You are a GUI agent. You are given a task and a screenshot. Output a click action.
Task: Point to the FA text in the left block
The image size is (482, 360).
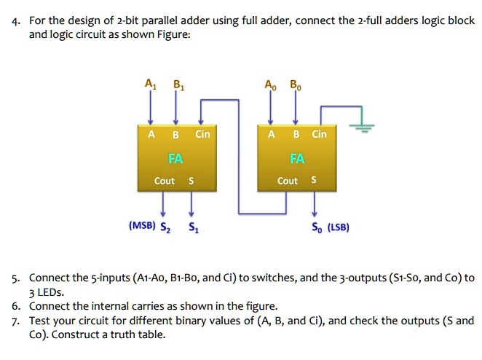click(x=175, y=158)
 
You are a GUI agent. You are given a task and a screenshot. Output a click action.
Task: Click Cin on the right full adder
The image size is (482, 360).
click(x=320, y=135)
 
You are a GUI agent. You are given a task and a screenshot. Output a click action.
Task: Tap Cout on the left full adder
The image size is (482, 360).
click(x=165, y=181)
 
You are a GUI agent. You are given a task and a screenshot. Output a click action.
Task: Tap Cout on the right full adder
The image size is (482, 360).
click(x=288, y=181)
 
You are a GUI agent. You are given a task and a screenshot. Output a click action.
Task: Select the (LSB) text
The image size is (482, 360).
click(x=339, y=227)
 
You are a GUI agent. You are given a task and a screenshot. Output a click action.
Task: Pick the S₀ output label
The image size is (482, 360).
click(x=316, y=227)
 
